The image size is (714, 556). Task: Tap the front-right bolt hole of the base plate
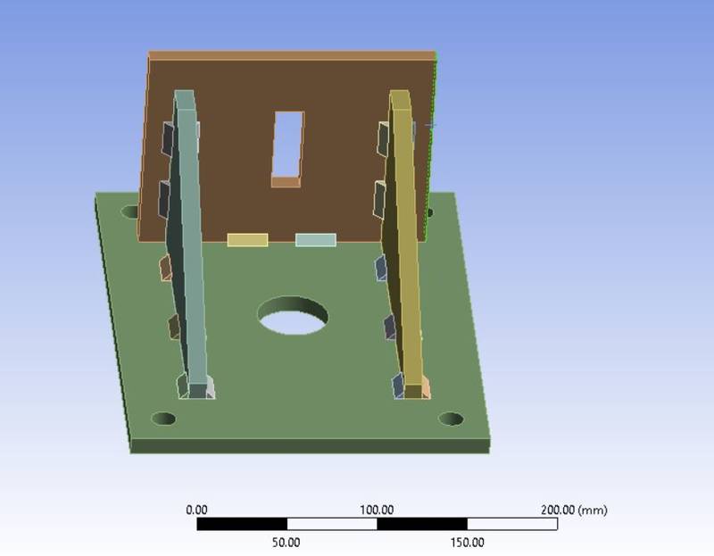pos(451,419)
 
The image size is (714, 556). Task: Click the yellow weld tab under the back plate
pos(247,240)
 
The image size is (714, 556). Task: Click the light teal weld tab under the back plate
pos(316,240)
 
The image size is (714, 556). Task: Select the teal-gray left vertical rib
pos(190,250)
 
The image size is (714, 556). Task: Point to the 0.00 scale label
pos(196,510)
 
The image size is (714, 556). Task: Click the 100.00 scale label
pos(377,510)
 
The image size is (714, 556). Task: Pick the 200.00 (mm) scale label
pos(574,510)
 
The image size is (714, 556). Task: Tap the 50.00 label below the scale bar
pos(286,542)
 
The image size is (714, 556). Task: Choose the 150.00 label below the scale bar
pos(467,542)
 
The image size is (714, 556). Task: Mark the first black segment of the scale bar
pos(241,524)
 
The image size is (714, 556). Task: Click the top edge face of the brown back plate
pos(292,55)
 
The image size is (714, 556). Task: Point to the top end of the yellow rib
pos(401,95)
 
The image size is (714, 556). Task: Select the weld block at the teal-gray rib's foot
pos(198,388)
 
